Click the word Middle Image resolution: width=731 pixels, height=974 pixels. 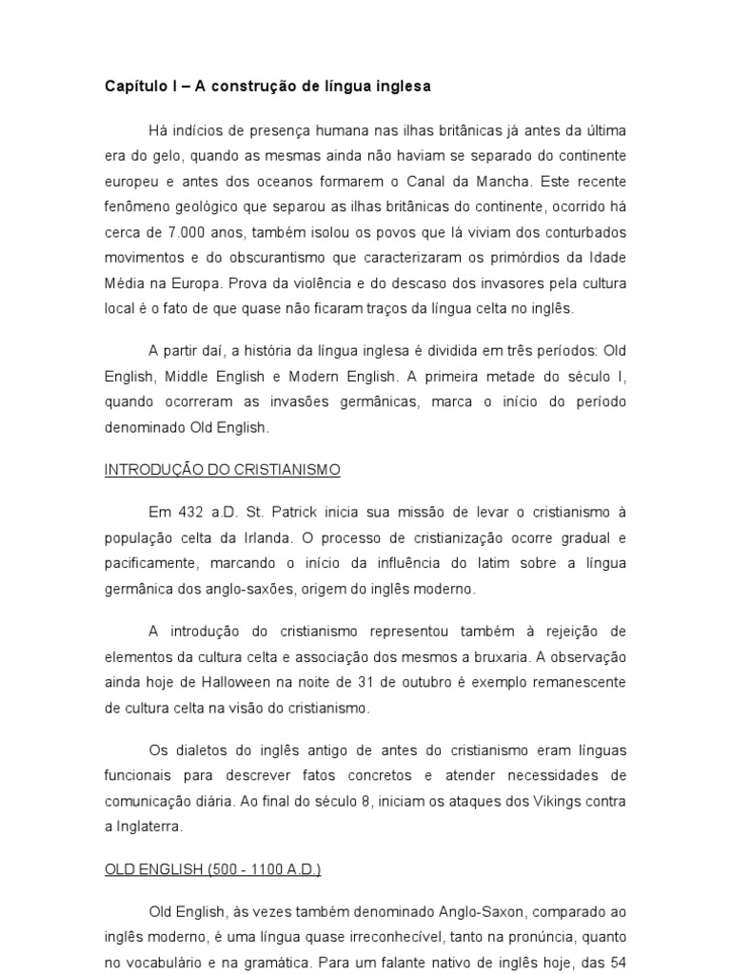(x=190, y=376)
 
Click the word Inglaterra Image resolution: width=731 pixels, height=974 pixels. (x=148, y=827)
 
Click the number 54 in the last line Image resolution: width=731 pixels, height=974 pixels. (x=617, y=963)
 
